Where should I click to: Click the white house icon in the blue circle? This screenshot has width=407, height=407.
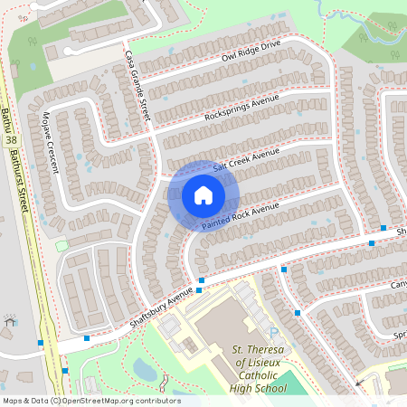coord(203,194)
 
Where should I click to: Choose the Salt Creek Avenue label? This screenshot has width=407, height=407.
coord(247,160)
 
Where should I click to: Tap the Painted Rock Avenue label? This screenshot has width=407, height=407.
coord(240,216)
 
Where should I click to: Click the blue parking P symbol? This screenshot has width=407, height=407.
coord(274,333)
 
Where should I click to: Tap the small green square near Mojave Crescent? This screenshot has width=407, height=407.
coord(62,246)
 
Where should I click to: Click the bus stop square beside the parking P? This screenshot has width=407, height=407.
coord(298,313)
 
